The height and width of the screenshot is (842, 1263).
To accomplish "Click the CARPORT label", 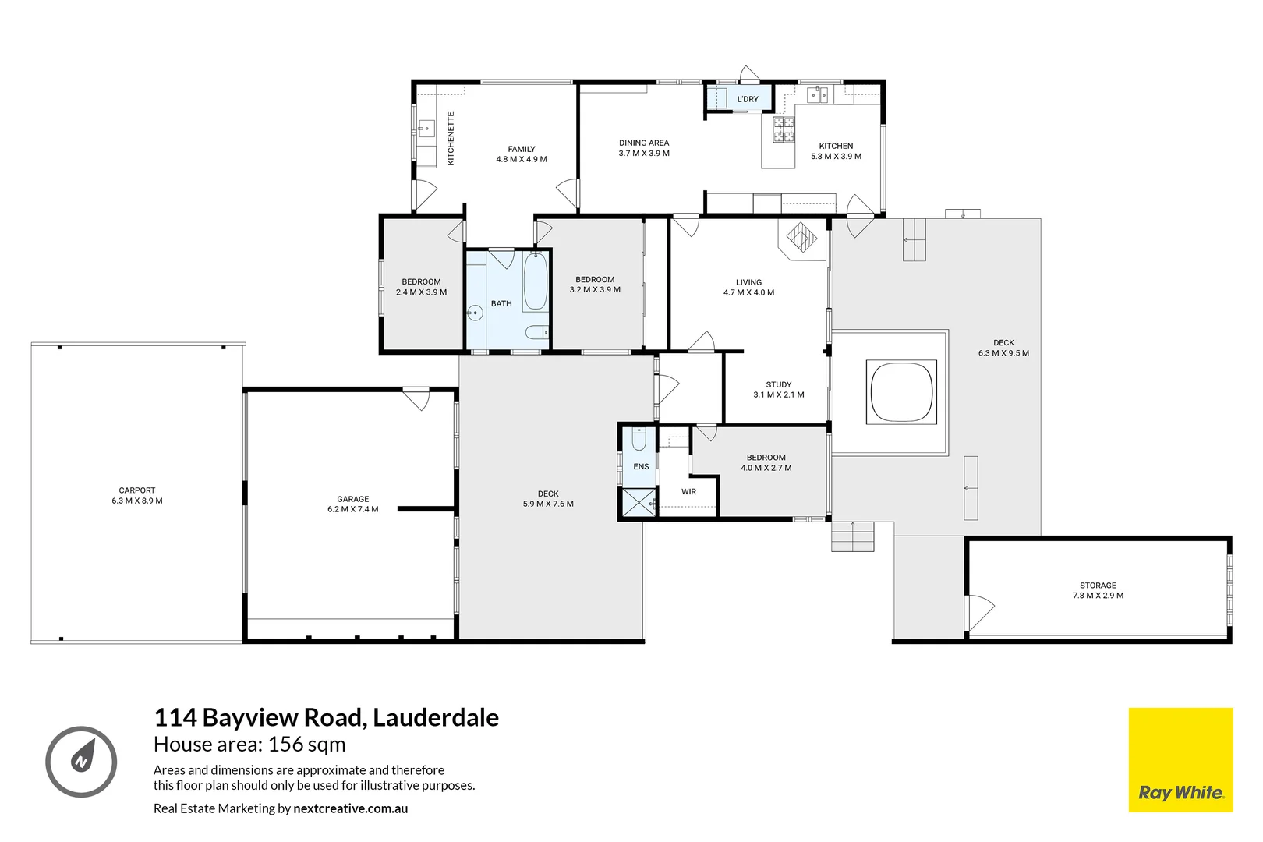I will pos(136,490).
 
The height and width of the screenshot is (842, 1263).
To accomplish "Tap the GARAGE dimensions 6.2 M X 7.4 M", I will pos(352,509).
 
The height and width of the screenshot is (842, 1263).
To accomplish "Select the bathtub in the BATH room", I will pos(535,282).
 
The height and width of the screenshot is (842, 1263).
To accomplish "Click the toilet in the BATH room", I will pos(536,333).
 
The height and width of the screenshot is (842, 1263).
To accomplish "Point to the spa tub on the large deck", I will pos(901,391).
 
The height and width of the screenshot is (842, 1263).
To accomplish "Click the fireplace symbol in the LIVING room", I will pos(800,235).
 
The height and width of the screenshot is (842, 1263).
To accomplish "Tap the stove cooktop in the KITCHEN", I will pos(784,130).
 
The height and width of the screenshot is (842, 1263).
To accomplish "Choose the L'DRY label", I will pos(747,99).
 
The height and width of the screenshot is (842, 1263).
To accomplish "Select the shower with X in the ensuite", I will pos(639,503).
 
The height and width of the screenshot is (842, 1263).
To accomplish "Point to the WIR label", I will pos(688,492).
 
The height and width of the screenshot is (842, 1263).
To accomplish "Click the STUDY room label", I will pos(778,384).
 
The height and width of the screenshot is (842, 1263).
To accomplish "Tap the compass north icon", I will pos(81,761).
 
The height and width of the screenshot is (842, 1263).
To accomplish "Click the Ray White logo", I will pos(1180,760).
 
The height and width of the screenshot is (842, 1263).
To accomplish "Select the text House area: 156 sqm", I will pos(249,745).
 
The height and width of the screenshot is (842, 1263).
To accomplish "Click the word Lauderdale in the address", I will pos(435,717).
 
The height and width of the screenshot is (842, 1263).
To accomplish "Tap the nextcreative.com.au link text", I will pos(350,808).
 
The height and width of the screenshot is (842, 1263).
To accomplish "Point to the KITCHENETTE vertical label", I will pos(451,139).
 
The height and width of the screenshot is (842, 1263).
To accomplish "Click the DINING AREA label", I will pos(644,143).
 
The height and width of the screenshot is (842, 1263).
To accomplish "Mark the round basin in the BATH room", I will pos(476,314).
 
